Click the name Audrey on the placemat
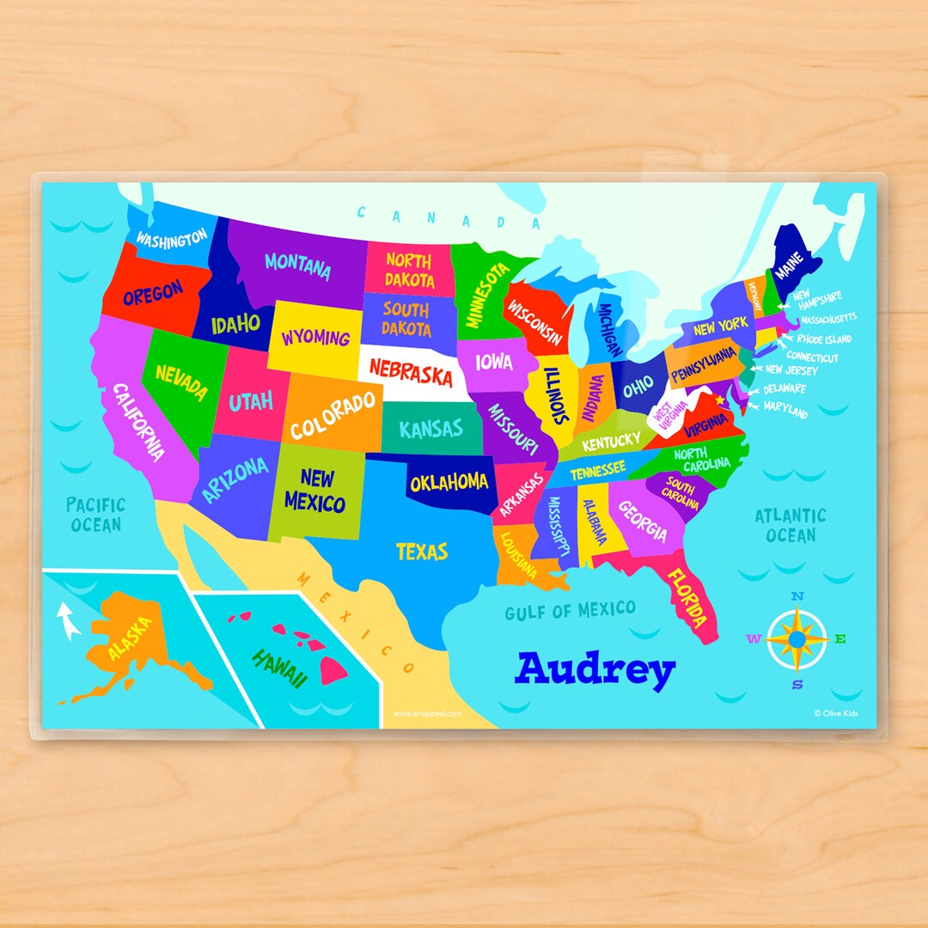click(x=595, y=669)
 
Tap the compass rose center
click(x=797, y=638)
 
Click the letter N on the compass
click(x=797, y=596)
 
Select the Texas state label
click(x=421, y=551)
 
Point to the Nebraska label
click(x=411, y=372)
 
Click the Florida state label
click(x=688, y=598)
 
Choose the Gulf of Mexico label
click(x=570, y=611)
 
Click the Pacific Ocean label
click(x=95, y=514)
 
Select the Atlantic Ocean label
click(x=790, y=525)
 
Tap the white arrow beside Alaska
click(x=67, y=622)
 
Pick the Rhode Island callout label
click(x=823, y=339)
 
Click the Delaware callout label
click(x=785, y=389)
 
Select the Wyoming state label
click(x=315, y=337)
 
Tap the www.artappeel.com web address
click(x=427, y=713)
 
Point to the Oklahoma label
click(x=449, y=483)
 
